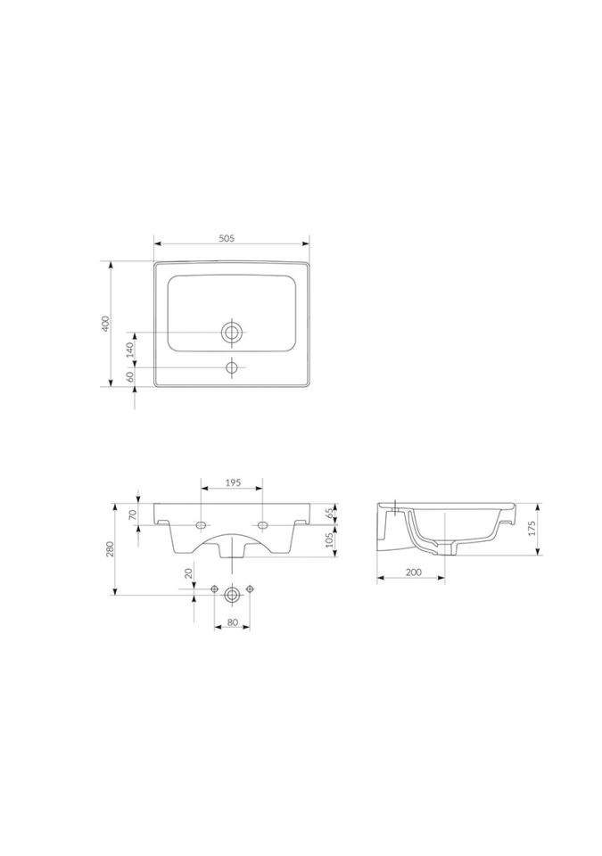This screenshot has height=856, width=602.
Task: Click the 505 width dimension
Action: click(227, 238)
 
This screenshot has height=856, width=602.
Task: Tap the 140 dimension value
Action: click(130, 350)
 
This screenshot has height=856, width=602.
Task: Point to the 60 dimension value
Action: click(130, 376)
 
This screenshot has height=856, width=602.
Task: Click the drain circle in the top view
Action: click(232, 332)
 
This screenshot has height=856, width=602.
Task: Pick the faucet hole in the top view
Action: click(232, 366)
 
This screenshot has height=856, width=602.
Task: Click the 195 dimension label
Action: click(232, 483)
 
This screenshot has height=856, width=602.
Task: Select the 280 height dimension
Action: click(110, 548)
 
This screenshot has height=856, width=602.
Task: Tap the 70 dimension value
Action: click(133, 514)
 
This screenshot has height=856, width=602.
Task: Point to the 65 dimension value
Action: click(329, 514)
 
